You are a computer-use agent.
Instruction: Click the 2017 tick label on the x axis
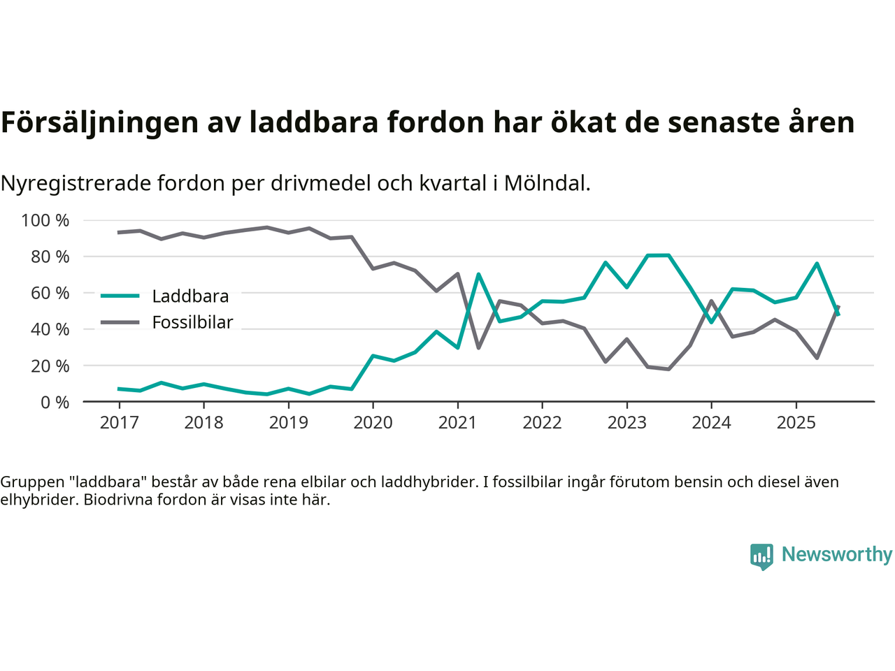119,423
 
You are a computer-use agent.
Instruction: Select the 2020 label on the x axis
373,423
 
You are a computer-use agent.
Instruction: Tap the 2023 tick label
626,423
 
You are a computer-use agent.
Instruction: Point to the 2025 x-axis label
796,423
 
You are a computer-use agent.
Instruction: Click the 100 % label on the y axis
45,221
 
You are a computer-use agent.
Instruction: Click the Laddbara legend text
190,296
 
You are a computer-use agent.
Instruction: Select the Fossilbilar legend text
192,323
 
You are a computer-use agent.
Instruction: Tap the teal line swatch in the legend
120,296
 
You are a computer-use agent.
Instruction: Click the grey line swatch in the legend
120,322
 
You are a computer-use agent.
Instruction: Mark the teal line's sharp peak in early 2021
478,274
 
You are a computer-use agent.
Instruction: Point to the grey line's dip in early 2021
478,347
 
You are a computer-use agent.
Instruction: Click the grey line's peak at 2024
711,301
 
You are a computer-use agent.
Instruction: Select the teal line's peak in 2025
817,264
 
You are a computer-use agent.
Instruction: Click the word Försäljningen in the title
99,122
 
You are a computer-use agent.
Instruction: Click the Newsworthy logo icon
761,556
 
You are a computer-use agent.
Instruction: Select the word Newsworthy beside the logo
837,554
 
